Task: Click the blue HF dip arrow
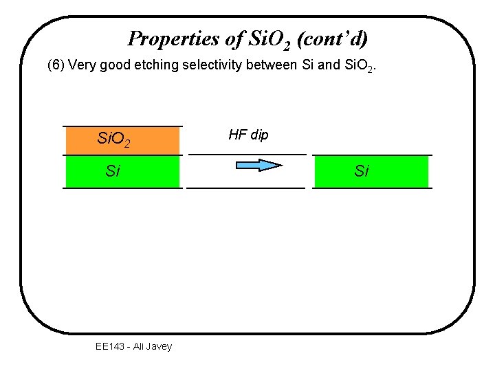click(259, 165)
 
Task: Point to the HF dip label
click(248, 135)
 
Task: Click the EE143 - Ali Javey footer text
click(133, 346)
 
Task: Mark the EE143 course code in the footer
click(110, 346)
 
